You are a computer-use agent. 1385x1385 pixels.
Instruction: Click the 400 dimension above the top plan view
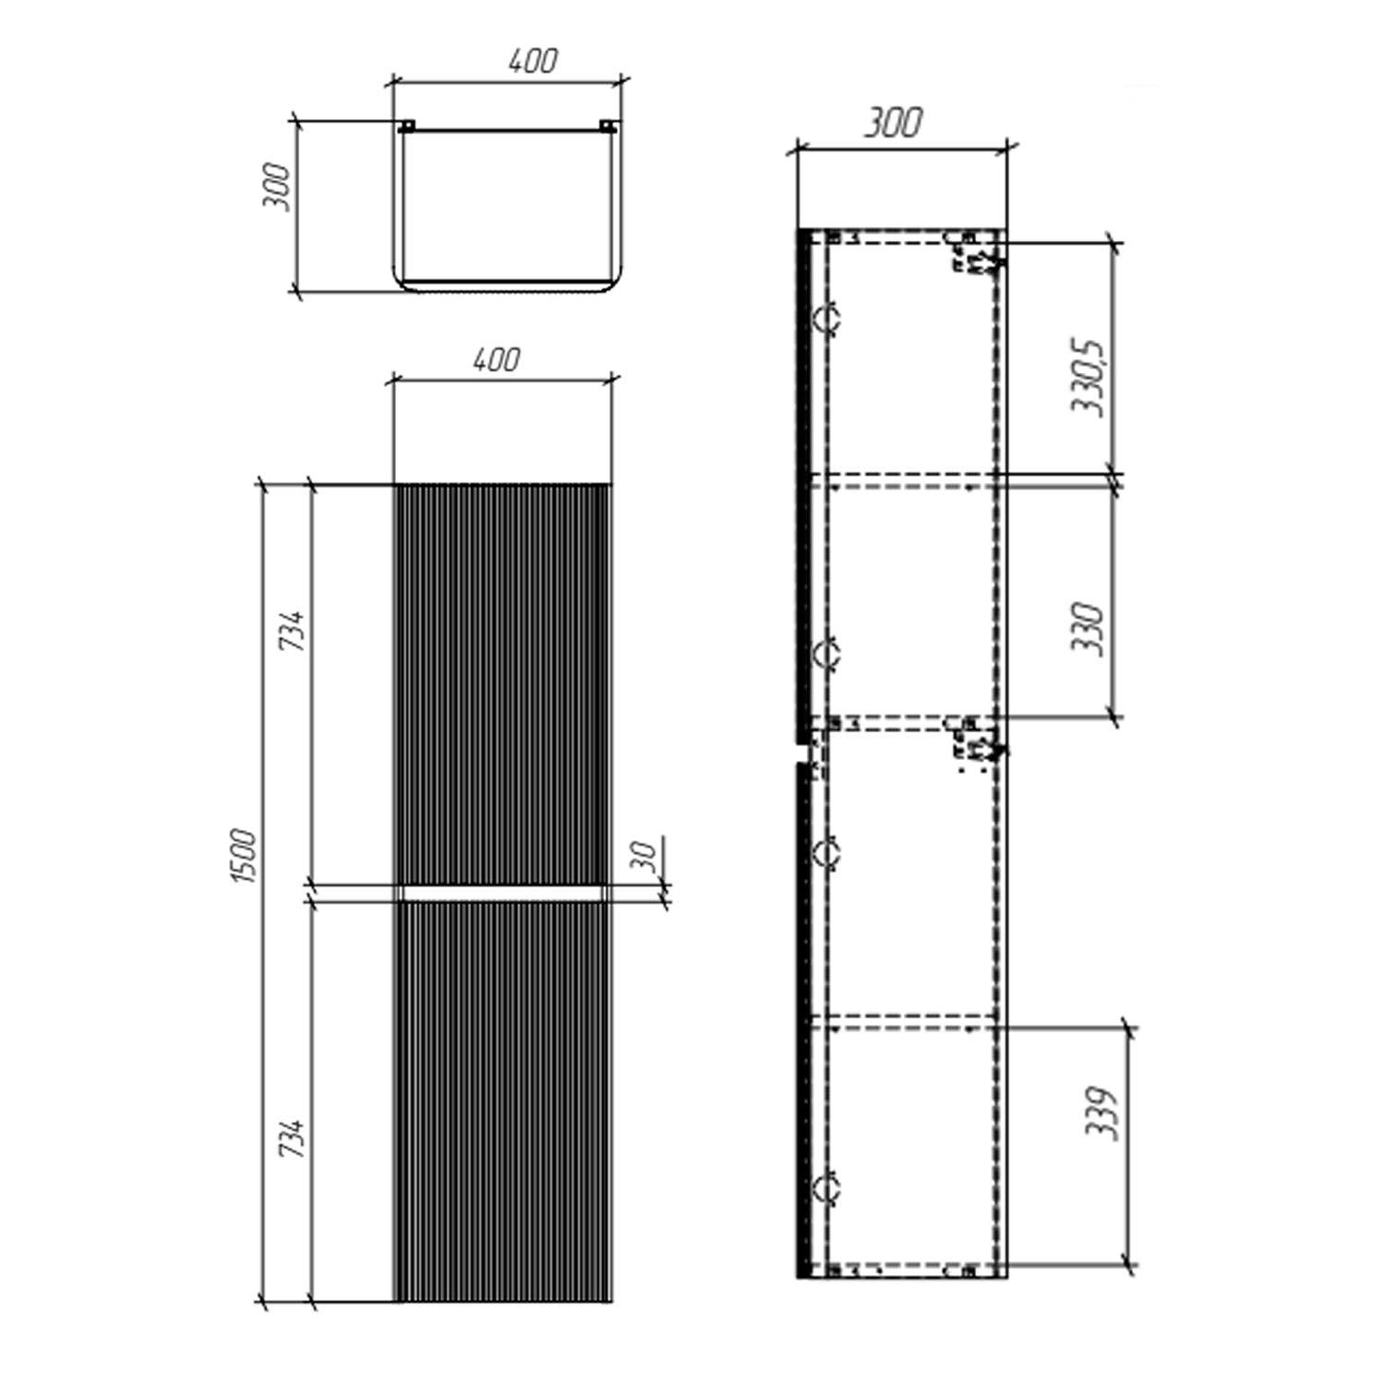[533, 61]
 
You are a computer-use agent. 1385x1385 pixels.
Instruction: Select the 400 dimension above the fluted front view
[497, 359]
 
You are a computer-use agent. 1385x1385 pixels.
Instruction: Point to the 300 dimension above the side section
[893, 123]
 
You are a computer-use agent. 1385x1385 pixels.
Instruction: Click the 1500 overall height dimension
[243, 856]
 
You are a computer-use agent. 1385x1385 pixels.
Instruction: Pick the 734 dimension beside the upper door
[292, 630]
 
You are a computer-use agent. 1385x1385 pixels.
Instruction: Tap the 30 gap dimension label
[647, 856]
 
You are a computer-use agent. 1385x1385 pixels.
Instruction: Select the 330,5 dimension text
[1088, 377]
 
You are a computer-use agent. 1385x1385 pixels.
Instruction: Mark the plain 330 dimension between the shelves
[1088, 629]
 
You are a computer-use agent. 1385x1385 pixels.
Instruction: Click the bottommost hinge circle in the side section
[825, 1187]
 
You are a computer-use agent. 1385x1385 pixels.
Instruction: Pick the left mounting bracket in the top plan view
[406, 126]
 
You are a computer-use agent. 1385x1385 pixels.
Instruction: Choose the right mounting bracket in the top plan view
[608, 126]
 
